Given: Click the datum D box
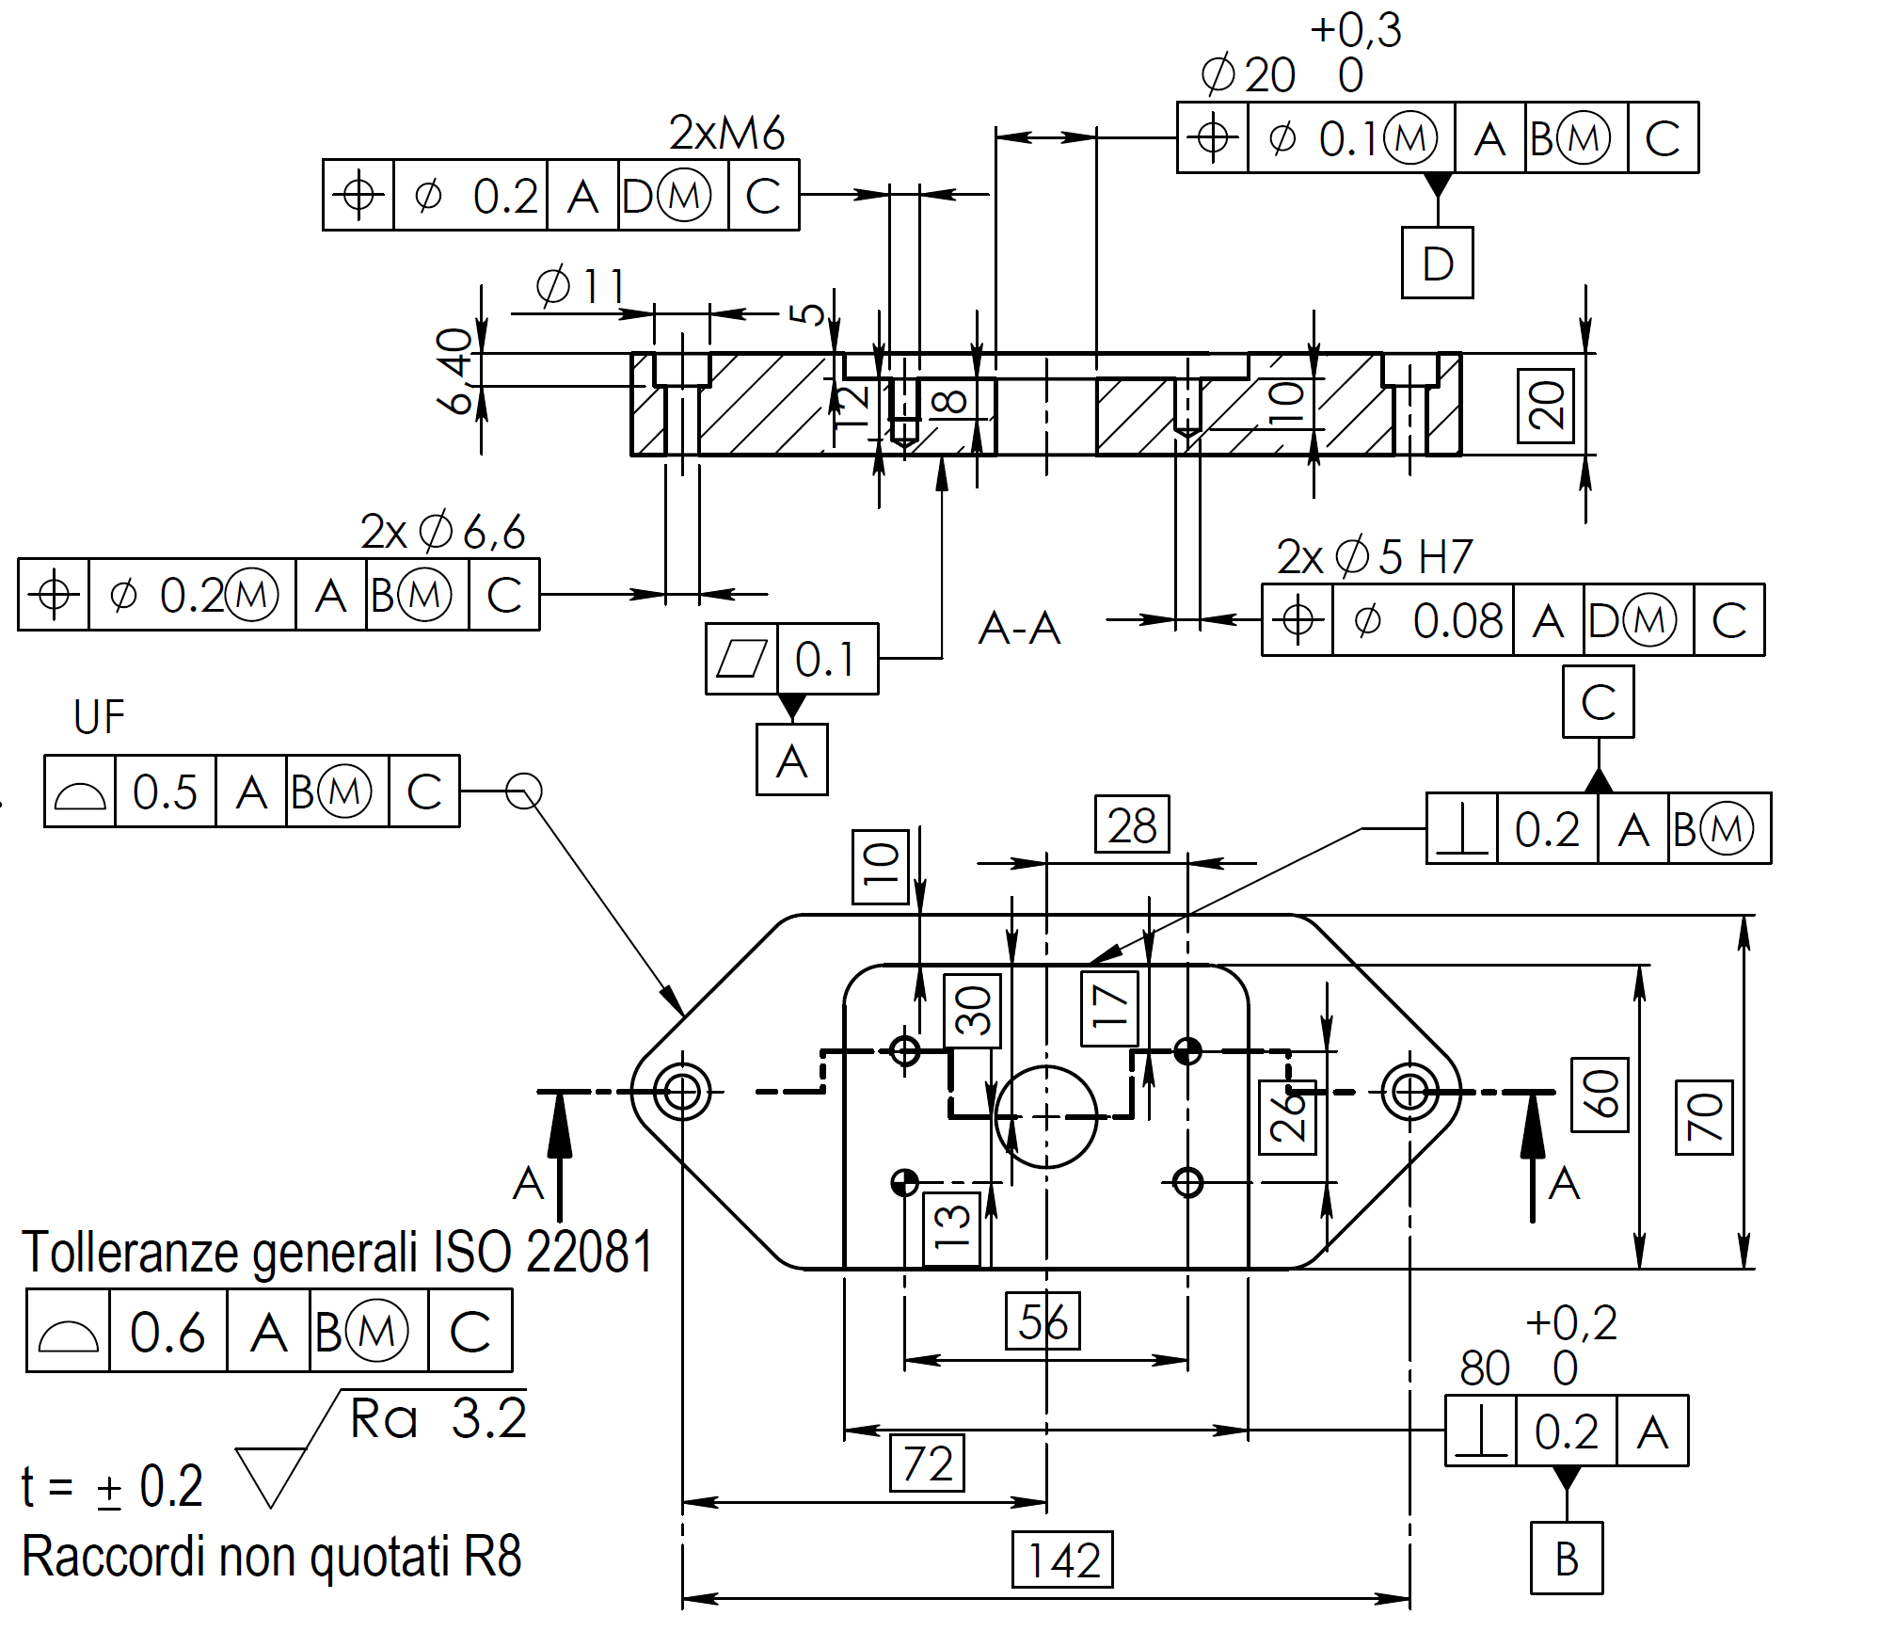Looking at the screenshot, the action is [1437, 263].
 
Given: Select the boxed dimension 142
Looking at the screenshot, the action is [1062, 1560].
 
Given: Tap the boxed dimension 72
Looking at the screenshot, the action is [927, 1463].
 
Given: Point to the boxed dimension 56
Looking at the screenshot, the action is [1043, 1321].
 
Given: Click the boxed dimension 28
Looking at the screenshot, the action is [1132, 824].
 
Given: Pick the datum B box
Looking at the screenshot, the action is [1567, 1558].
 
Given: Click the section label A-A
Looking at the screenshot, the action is [1019, 628].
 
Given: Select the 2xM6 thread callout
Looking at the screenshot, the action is [726, 133].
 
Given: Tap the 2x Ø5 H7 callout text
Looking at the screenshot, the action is [1374, 556].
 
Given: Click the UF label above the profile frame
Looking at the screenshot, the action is [99, 717].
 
